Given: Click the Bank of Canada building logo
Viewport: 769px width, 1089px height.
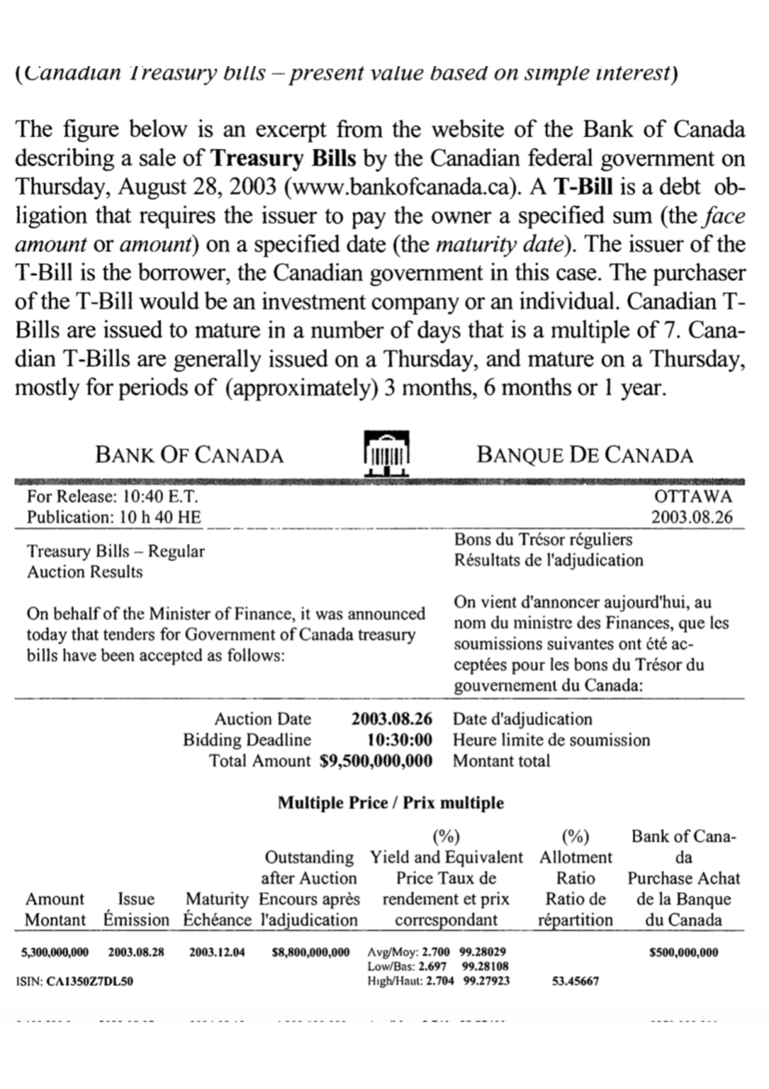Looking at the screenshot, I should [386, 453].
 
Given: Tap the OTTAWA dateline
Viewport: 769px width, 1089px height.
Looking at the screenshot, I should [693, 496].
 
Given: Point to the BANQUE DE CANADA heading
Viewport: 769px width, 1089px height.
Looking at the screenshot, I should [584, 455].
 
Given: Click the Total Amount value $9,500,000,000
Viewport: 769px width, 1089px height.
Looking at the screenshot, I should [376, 761].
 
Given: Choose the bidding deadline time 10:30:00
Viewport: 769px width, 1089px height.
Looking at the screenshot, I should [399, 740].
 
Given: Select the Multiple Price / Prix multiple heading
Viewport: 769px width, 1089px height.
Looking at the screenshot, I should [390, 803].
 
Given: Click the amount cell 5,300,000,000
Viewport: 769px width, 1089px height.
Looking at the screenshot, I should [55, 952].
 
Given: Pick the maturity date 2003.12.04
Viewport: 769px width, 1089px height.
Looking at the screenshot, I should [217, 952].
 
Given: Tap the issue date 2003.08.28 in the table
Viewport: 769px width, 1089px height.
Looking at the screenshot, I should [136, 952].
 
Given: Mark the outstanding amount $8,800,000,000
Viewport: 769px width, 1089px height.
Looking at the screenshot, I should [311, 952].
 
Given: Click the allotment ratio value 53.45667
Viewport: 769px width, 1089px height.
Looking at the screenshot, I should [575, 981].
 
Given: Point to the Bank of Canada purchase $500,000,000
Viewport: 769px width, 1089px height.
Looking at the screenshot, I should [684, 952].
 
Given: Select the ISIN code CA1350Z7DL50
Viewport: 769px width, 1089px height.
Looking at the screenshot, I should [90, 981].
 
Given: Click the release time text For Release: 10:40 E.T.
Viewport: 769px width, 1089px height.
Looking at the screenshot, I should [113, 496].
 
